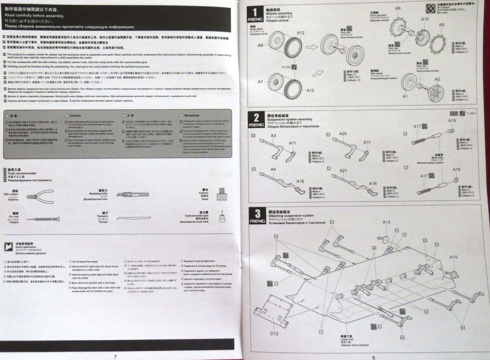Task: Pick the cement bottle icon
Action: [221, 194]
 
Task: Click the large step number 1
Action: [256, 11]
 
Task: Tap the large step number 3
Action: [257, 214]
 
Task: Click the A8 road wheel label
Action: [261, 45]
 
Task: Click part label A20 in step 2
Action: [343, 134]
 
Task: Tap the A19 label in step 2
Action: [452, 121]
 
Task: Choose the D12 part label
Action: [274, 333]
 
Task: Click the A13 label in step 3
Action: [387, 222]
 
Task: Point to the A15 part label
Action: [453, 257]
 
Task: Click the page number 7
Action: [115, 356]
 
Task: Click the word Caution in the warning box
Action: [75, 115]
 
